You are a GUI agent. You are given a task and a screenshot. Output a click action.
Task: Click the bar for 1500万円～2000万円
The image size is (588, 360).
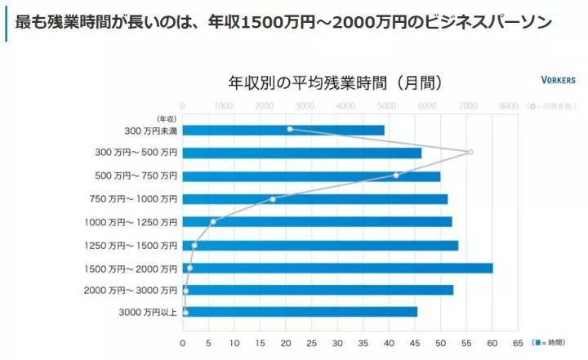(336, 268)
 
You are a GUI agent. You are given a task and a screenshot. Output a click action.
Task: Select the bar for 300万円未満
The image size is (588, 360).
(283, 130)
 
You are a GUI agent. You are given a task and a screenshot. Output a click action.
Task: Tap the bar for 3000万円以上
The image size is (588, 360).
(299, 312)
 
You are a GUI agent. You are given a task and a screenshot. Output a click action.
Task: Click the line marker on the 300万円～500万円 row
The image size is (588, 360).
(470, 153)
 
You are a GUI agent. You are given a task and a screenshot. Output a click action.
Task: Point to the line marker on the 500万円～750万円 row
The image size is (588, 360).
(396, 176)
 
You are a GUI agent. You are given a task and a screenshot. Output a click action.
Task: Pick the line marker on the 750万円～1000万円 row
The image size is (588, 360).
(273, 198)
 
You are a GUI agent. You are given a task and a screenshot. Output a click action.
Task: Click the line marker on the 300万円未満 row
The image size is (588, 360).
(290, 129)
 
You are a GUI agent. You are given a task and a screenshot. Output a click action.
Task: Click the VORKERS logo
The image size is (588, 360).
(558, 81)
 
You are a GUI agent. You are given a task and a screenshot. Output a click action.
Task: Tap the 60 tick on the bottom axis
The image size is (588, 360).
(492, 342)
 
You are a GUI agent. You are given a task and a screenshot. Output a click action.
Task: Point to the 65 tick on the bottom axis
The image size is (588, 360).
(518, 342)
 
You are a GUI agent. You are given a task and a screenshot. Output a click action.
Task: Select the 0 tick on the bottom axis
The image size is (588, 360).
(183, 342)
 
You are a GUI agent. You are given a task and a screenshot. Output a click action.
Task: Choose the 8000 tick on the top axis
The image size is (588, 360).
(508, 105)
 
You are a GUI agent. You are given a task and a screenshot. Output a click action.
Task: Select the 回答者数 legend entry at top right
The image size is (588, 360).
(553, 106)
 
